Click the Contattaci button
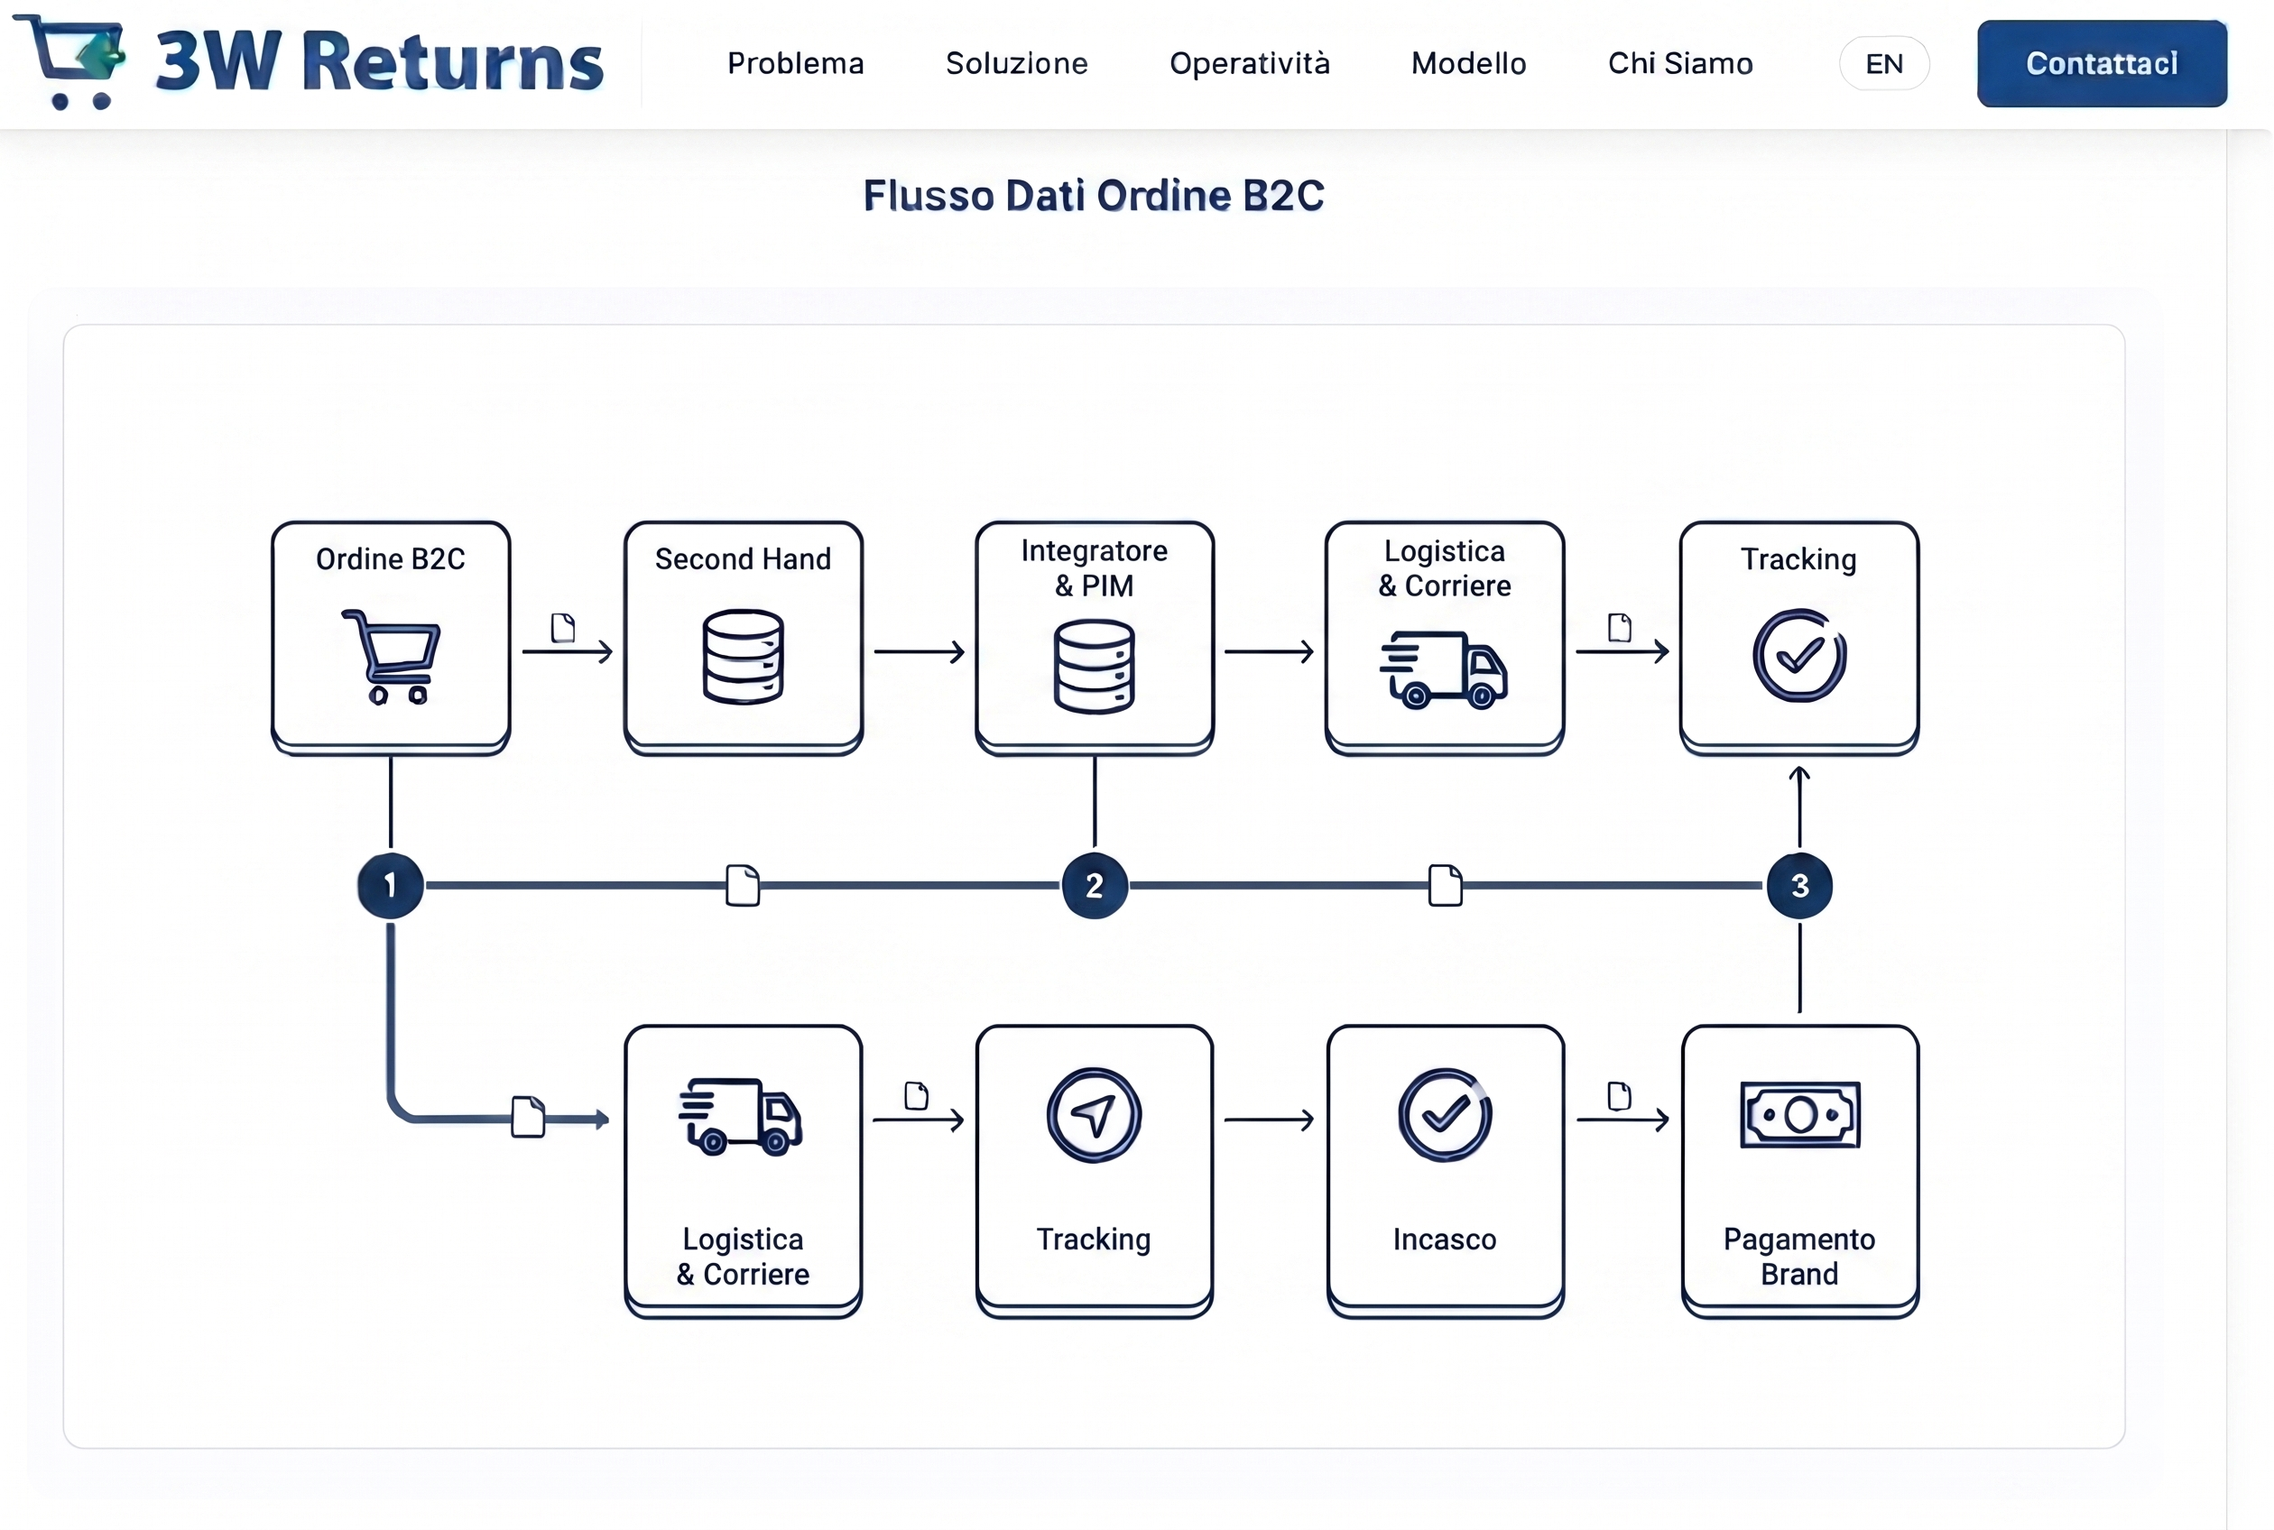click(2102, 63)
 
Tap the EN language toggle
click(1883, 64)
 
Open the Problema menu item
click(795, 63)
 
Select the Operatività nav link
click(1249, 63)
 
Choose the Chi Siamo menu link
click(1679, 63)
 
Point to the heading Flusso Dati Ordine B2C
click(1093, 195)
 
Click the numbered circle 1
click(391, 885)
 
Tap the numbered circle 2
click(1094, 885)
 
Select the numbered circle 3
click(1798, 885)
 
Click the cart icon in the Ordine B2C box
click(393, 656)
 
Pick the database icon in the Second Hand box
click(743, 656)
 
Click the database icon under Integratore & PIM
click(1094, 667)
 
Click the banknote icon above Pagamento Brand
click(1799, 1114)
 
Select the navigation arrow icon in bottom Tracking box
click(1094, 1114)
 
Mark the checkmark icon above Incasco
click(1445, 1114)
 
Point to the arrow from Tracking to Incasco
click(1269, 1120)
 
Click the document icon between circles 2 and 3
click(1445, 885)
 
